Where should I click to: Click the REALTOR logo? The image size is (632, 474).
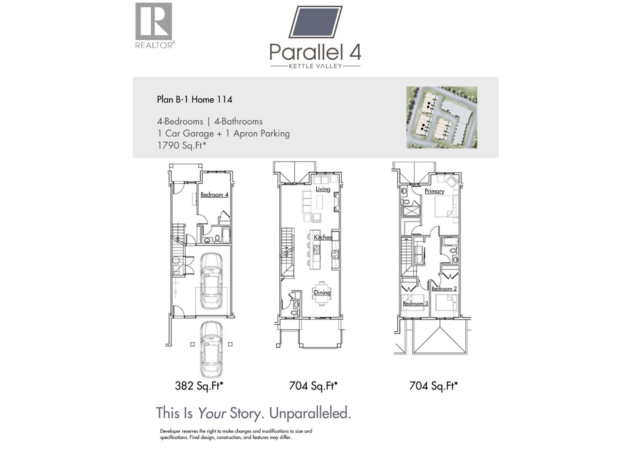154,25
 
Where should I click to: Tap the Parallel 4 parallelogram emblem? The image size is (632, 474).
315,22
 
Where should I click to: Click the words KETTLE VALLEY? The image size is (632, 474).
315,66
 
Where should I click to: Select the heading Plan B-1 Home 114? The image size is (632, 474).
194,100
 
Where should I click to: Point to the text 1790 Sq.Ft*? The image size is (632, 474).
182,145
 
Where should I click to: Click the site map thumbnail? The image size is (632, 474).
442,117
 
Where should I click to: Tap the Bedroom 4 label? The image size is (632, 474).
214,195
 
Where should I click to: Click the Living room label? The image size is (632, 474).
323,189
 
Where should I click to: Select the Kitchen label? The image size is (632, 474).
323,237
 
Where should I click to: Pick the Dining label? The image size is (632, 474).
322,293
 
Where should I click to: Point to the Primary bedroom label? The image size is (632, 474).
434,191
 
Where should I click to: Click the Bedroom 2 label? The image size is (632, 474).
444,289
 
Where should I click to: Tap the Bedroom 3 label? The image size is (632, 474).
415,304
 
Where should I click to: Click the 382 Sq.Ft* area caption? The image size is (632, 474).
199,386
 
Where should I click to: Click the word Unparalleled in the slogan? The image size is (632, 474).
310,413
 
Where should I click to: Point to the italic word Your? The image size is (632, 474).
212,413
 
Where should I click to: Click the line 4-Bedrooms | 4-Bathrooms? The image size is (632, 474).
209,122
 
